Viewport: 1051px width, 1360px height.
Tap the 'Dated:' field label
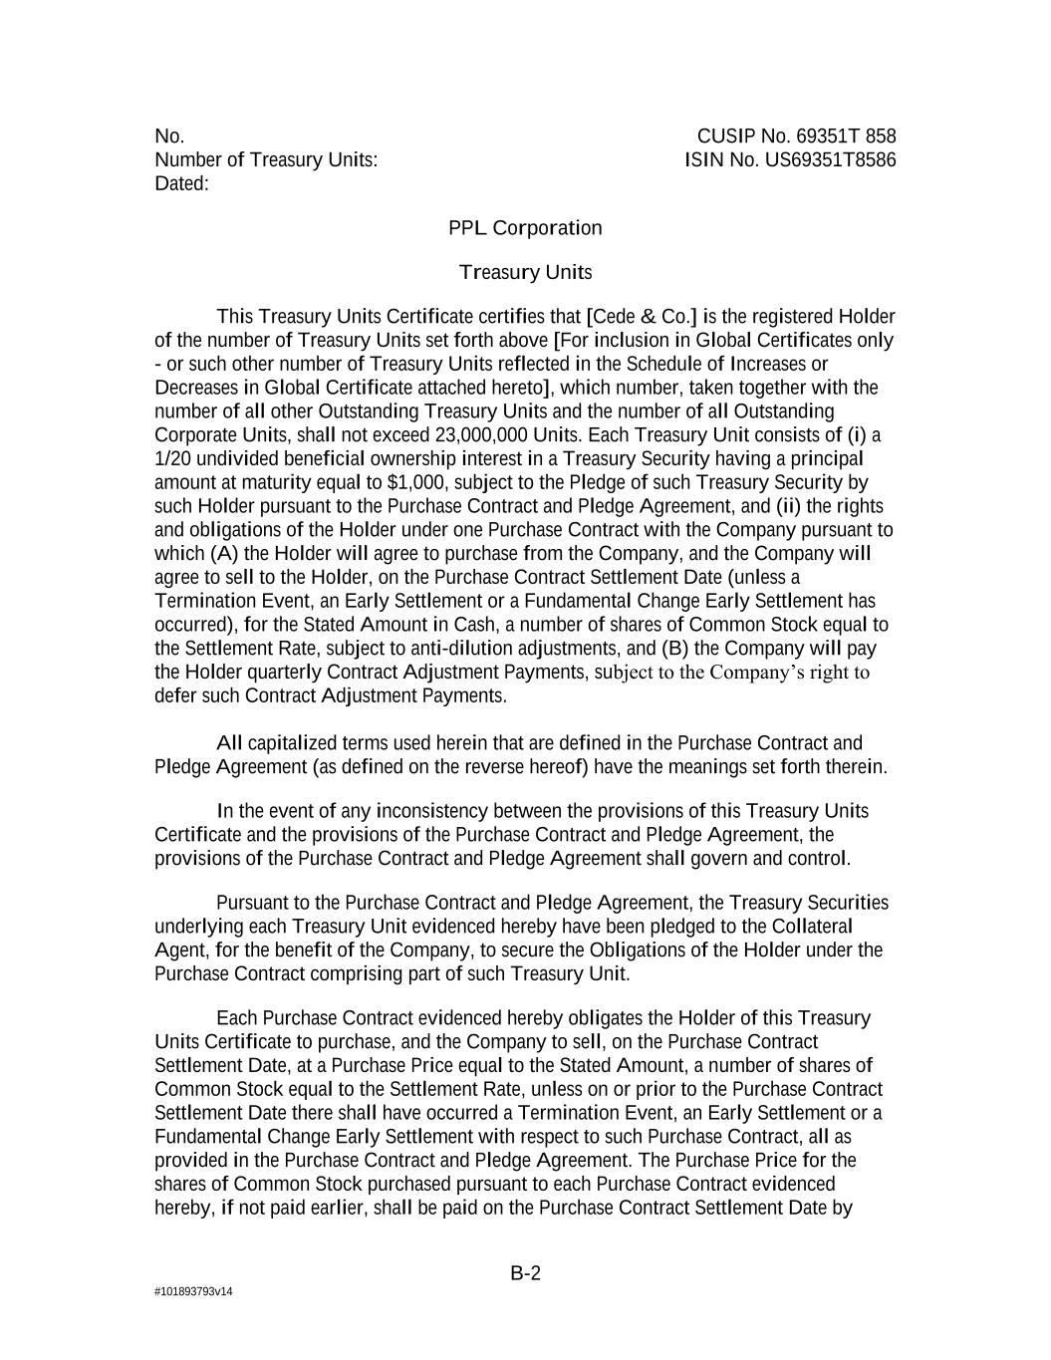pos(181,184)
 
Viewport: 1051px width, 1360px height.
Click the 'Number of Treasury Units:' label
pos(266,160)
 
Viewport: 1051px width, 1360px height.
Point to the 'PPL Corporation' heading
pos(525,228)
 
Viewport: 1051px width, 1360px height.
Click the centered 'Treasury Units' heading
pos(525,272)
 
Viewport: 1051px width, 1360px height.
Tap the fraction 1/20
pos(174,459)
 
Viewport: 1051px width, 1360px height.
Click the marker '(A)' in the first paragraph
pos(224,554)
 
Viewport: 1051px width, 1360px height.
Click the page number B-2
pos(525,1273)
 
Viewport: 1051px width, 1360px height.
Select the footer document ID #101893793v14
pos(193,1292)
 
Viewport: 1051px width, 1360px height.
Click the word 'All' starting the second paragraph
pos(229,743)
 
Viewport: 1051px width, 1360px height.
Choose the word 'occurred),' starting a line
pos(195,625)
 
